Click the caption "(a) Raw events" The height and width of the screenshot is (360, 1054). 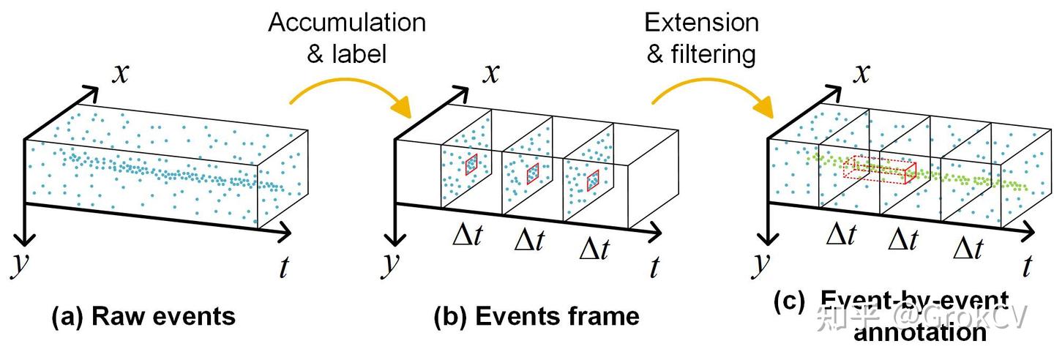pyautogui.click(x=143, y=316)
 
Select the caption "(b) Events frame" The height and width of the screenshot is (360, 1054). pyautogui.click(x=537, y=316)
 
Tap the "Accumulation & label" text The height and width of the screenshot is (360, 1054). pyautogui.click(x=347, y=37)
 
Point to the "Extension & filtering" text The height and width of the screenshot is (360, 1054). pyautogui.click(x=702, y=37)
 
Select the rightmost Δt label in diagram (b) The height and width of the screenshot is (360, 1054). pyautogui.click(x=594, y=248)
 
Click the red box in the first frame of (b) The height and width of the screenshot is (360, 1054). pyautogui.click(x=470, y=164)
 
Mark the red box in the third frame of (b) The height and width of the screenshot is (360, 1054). pyautogui.click(x=592, y=179)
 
